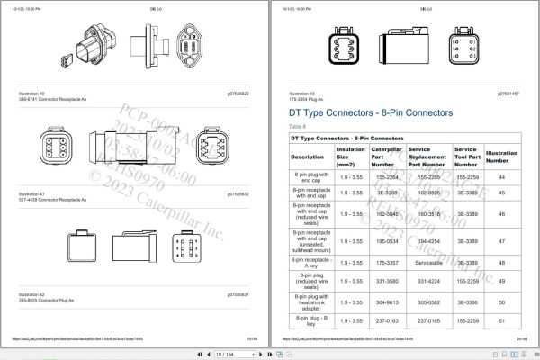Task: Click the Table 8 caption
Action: pos(298,128)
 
